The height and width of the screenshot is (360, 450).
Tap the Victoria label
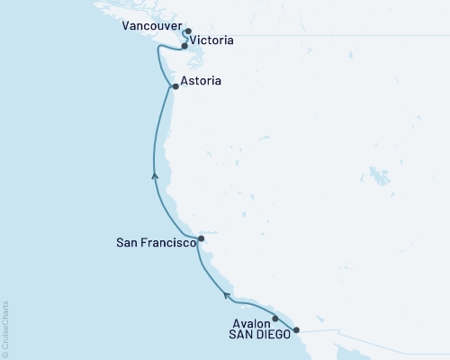212,40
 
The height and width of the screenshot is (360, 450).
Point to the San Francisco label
156,242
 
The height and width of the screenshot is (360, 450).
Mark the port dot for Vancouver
188,31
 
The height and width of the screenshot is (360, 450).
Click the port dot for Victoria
184,46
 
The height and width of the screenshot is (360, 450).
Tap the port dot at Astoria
175,87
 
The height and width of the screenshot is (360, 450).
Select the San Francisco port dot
201,239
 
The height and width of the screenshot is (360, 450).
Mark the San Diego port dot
296,330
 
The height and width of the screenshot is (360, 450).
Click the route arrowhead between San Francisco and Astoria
155,175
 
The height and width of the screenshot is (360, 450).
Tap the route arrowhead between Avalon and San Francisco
227,293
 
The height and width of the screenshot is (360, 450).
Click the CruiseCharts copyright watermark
5,328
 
